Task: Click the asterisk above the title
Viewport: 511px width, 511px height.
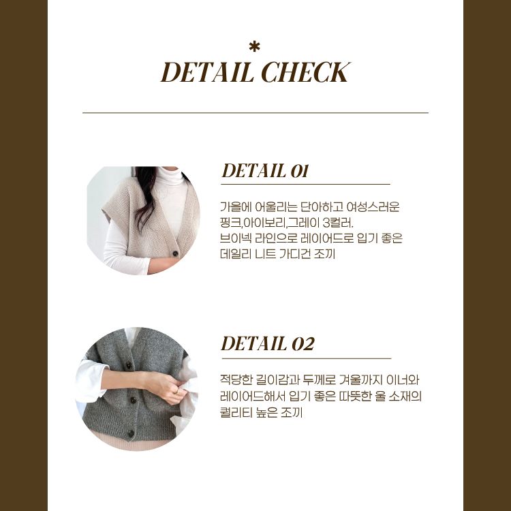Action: click(254, 47)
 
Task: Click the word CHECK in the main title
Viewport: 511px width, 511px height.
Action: click(306, 72)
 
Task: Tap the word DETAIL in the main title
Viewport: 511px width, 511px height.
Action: click(207, 72)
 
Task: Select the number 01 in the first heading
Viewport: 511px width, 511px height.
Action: click(299, 171)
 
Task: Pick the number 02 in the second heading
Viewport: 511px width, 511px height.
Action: click(303, 344)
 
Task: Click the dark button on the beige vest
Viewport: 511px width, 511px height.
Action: click(175, 253)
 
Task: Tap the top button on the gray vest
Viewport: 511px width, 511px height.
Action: click(129, 366)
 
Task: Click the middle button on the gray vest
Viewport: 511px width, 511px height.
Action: click(133, 400)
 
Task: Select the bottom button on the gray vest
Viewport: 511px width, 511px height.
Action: click(131, 433)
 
